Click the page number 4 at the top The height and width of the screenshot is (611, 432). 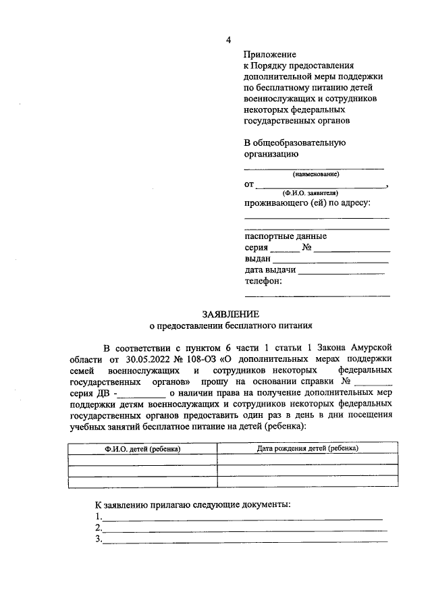click(229, 38)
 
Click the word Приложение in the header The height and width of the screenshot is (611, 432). click(269, 54)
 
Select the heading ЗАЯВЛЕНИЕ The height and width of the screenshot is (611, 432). click(231, 314)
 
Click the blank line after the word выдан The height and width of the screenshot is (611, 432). click(330, 260)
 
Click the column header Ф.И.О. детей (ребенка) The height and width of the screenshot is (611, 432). click(142, 448)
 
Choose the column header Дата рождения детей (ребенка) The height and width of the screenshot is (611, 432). click(307, 448)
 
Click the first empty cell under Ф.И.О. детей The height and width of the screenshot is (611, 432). click(142, 460)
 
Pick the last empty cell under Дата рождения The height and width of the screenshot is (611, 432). click(307, 481)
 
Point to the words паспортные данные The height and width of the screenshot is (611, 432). click(286, 236)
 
